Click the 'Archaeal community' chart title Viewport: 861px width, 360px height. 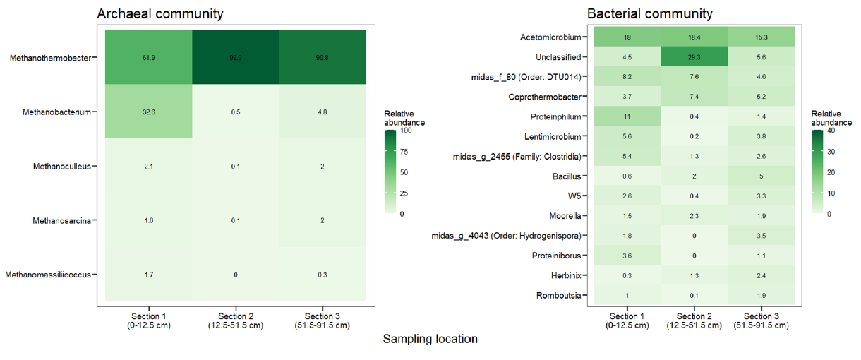[160, 13]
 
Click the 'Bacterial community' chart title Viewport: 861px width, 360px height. [649, 13]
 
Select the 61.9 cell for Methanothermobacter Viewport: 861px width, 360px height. [148, 58]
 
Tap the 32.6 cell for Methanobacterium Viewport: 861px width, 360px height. [148, 112]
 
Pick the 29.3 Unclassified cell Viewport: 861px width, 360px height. [693, 57]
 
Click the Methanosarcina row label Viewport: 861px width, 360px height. [62, 221]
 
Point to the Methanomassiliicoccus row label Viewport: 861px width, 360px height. [48, 275]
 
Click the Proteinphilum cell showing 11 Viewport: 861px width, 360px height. [627, 116]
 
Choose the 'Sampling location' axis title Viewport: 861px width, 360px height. [430, 340]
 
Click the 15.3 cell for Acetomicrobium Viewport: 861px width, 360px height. [761, 37]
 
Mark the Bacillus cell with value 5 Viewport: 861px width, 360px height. [761, 176]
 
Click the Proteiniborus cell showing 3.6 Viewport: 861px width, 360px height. [627, 255]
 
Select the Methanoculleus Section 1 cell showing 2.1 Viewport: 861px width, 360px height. [148, 167]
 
